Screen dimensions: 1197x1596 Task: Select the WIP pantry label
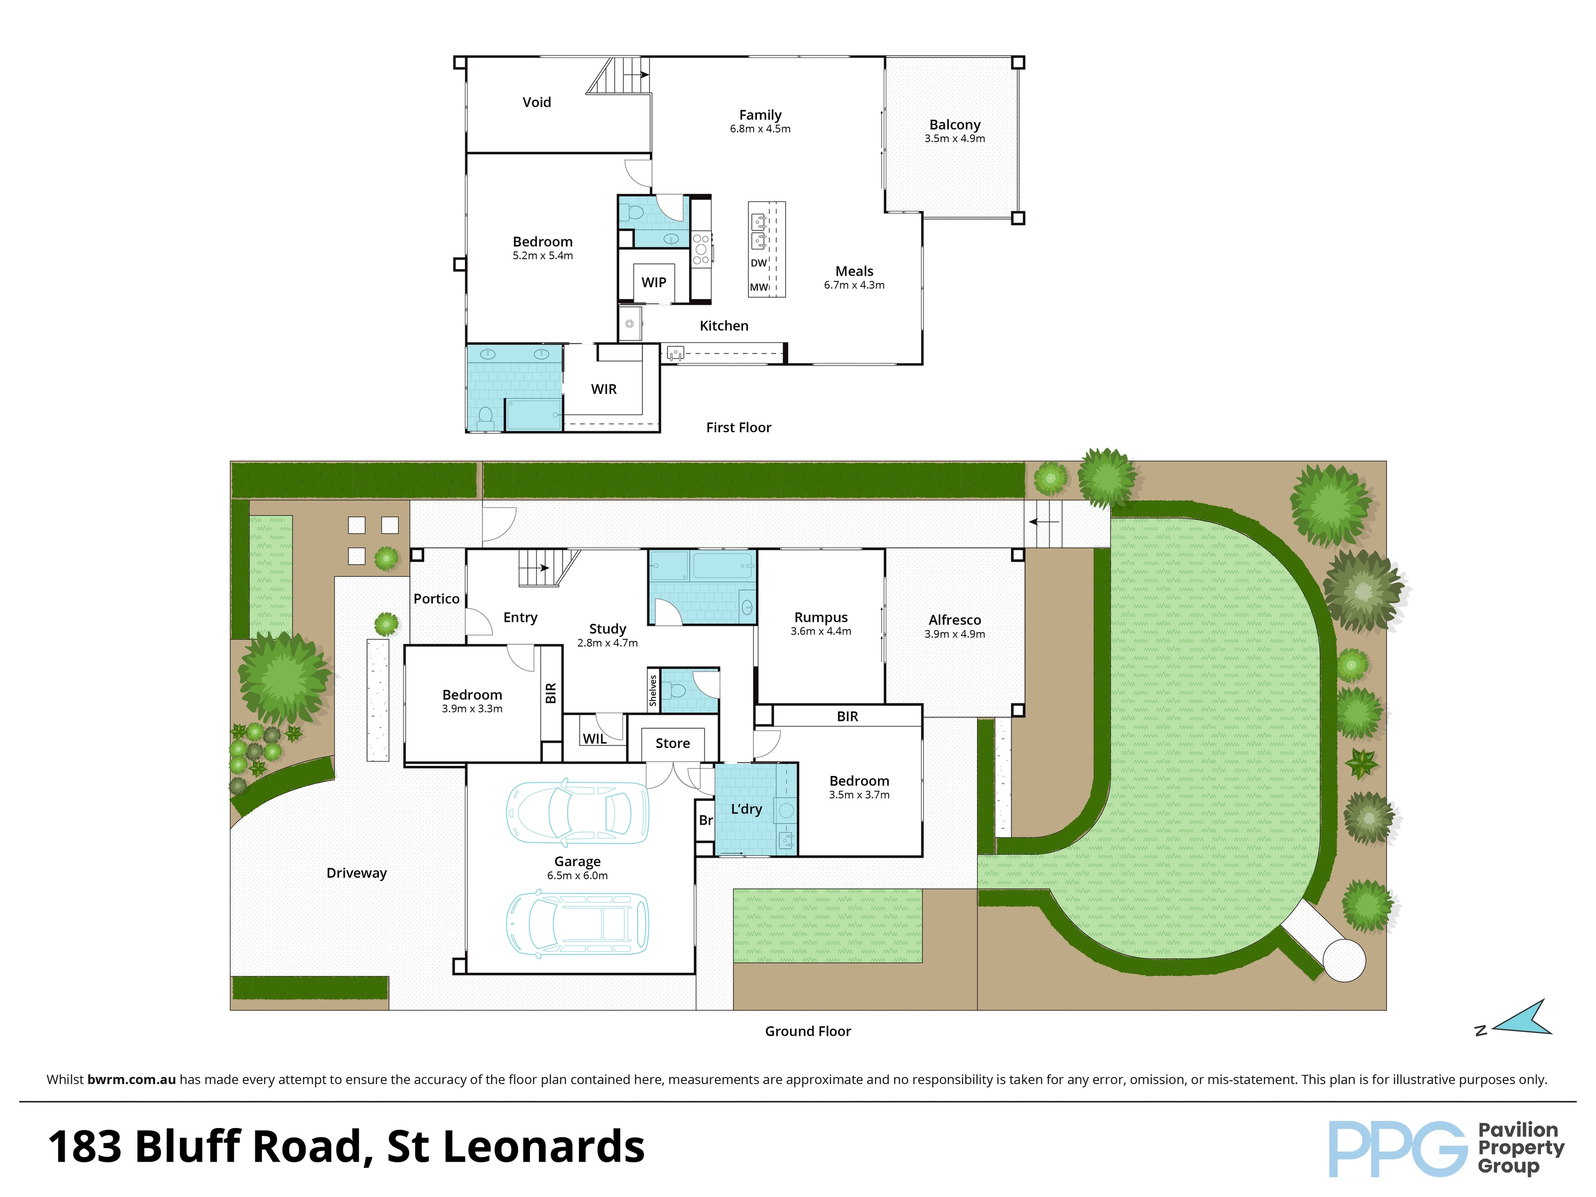tap(654, 282)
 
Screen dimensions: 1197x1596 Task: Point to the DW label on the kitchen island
tap(759, 264)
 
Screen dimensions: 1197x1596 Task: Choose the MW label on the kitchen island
tap(759, 287)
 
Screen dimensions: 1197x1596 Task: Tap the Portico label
tap(436, 599)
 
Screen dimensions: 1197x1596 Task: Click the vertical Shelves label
tap(653, 690)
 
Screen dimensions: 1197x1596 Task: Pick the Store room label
tap(672, 743)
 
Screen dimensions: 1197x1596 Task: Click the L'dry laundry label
tap(746, 809)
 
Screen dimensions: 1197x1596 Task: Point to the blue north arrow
tap(1522, 1020)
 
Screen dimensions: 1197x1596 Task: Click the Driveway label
tap(357, 873)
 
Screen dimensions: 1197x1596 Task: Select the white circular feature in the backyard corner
tap(1344, 961)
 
